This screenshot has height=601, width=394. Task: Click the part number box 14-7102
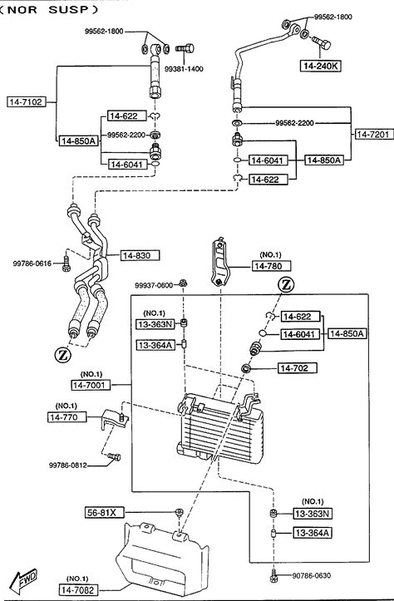point(27,102)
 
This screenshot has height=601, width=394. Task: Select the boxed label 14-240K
point(320,66)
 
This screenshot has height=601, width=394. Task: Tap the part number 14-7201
point(374,134)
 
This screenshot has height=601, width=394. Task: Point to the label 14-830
point(140,255)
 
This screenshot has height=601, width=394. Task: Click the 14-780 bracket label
point(271,266)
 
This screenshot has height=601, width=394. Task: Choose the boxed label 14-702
point(298,368)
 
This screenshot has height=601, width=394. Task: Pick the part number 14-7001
point(91,385)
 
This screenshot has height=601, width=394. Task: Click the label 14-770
point(67,417)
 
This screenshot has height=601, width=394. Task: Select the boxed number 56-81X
point(105,512)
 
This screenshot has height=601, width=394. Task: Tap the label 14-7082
point(78,590)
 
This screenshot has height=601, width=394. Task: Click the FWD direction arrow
point(25,579)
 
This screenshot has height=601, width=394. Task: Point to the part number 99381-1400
point(184,69)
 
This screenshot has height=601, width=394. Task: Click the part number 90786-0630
point(311,575)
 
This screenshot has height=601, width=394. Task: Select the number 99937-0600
point(154,285)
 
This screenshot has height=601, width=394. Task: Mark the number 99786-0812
point(68,466)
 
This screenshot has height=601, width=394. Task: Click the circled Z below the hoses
point(63,355)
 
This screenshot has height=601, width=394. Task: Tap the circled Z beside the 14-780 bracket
point(286,285)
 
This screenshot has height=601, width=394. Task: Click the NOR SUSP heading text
point(49,10)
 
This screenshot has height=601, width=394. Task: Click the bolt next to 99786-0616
point(66,264)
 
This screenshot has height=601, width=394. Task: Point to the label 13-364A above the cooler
point(155,345)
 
